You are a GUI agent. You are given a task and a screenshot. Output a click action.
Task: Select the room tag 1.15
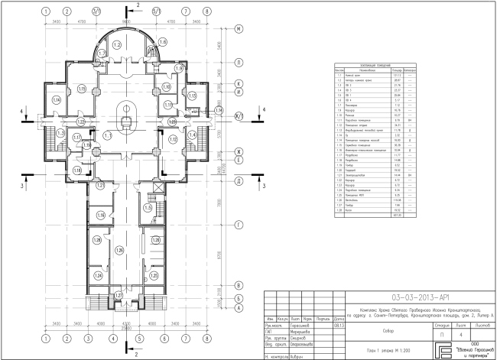tap(82, 90)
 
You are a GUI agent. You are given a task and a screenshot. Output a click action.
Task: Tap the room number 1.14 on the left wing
tap(56, 100)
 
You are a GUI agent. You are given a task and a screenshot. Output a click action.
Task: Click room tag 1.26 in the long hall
tap(119, 250)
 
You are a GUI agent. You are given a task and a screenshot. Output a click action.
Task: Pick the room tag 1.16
tap(101, 216)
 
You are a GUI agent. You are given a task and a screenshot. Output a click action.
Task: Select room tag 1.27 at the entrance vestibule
tap(118, 294)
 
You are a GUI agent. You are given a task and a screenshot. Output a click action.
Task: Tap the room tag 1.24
tap(98, 275)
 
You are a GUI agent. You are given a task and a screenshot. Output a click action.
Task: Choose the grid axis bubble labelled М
tap(239, 28)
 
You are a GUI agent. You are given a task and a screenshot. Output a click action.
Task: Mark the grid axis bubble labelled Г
tap(239, 225)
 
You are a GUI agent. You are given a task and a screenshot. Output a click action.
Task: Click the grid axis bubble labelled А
tap(239, 308)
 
